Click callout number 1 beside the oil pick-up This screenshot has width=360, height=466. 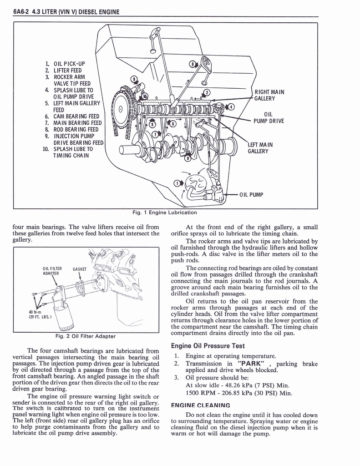[178, 183]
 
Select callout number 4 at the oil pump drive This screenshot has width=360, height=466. [231, 106]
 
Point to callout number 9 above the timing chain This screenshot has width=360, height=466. [133, 78]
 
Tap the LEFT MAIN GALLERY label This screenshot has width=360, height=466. [260, 148]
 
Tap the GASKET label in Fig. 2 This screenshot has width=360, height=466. [79, 269]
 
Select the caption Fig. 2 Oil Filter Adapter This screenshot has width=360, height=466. [85, 336]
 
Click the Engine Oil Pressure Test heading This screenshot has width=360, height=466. [208, 346]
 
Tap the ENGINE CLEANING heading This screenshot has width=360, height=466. [200, 405]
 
